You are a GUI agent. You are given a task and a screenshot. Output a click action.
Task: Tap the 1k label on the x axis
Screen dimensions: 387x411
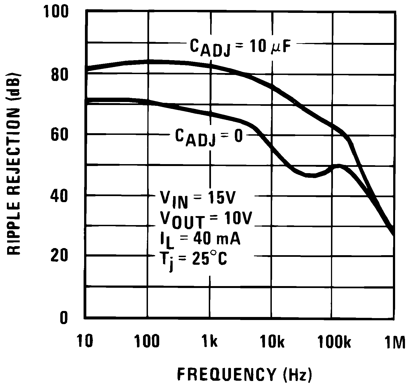[x=210, y=342]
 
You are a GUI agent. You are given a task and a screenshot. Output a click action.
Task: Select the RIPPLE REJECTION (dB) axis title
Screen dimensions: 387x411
[x=13, y=163]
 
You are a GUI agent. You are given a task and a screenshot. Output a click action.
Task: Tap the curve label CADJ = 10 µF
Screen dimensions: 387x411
[x=238, y=47]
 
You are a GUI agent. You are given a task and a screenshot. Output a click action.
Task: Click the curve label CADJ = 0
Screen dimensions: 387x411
[x=209, y=137]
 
